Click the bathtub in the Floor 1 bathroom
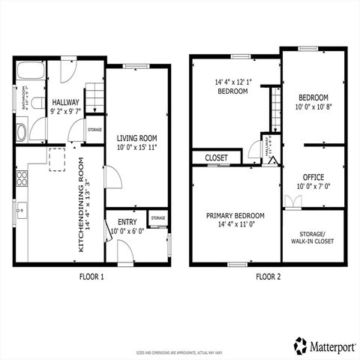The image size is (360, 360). click(31, 73)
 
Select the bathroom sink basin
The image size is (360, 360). click(21, 133)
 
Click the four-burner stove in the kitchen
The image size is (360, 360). click(22, 179)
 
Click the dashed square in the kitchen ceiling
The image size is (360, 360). click(57, 160)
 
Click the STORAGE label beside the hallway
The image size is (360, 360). click(94, 130)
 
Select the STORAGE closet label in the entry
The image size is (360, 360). click(157, 218)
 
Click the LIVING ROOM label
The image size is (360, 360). click(136, 138)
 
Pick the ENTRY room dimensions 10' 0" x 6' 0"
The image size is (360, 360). click(127, 231)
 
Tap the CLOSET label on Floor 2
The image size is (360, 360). click(216, 158)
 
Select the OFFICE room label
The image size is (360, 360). click(313, 177)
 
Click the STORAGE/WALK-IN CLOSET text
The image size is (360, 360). click(313, 238)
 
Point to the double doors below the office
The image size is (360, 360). click(293, 202)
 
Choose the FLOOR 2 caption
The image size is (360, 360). click(267, 277)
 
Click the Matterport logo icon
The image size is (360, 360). click(300, 345)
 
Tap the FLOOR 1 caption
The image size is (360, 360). click(91, 277)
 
